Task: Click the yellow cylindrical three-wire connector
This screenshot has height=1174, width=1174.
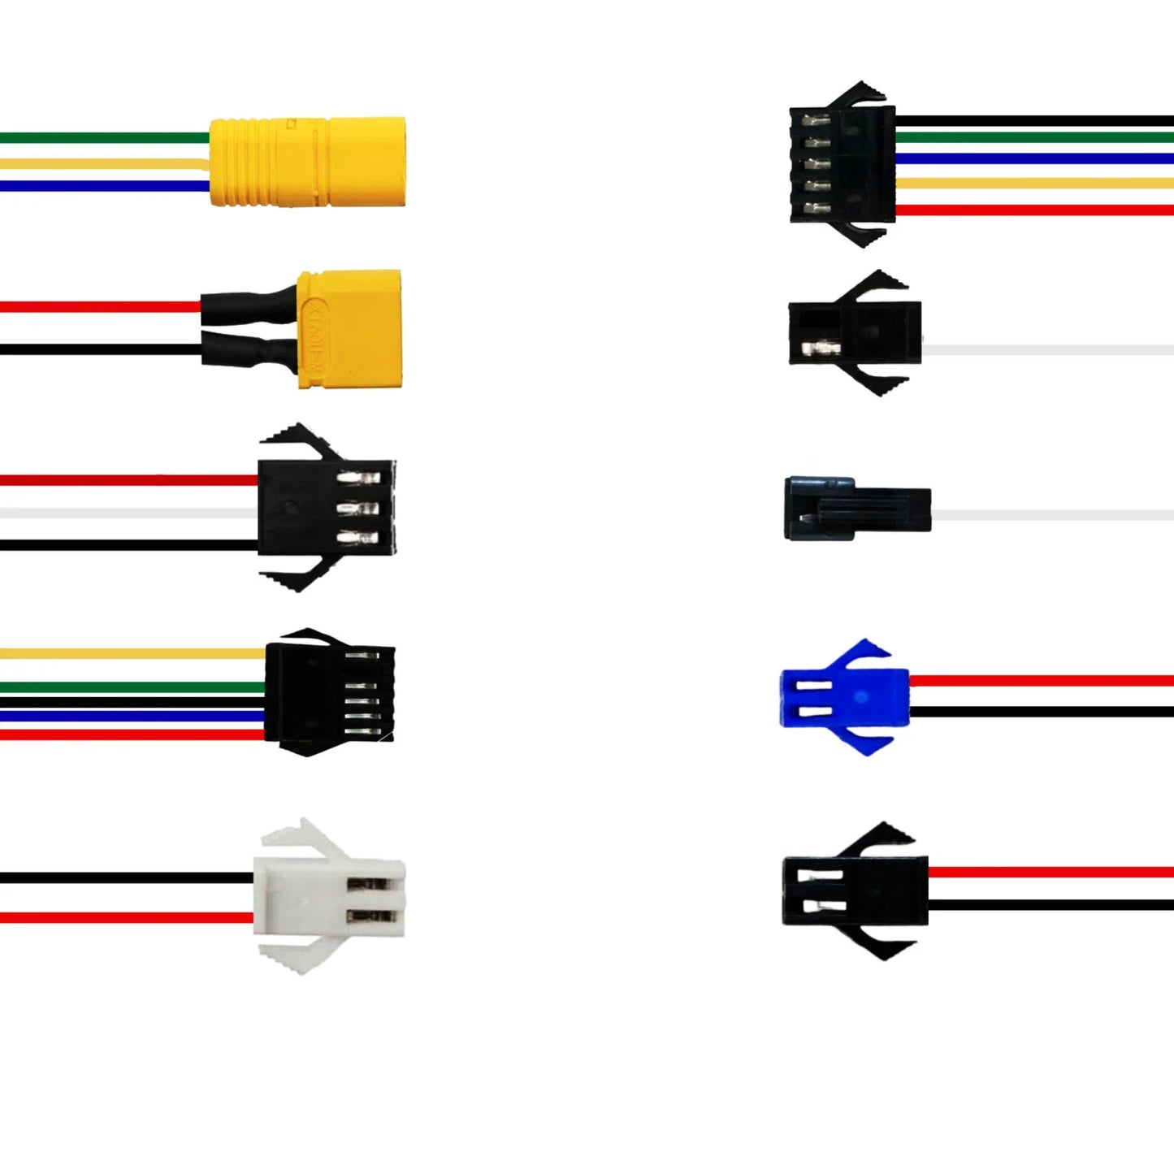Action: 307,162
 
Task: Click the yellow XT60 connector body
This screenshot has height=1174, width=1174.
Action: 349,328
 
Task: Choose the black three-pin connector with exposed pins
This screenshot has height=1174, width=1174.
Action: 325,508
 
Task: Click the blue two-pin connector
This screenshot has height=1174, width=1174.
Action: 845,697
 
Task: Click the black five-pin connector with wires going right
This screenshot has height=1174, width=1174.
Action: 843,164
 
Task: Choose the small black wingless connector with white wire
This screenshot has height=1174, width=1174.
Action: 856,509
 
